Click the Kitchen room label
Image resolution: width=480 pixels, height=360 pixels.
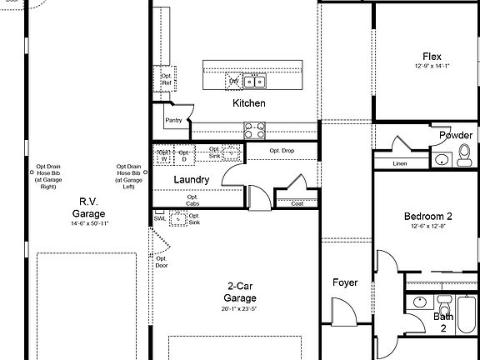[x=249, y=103]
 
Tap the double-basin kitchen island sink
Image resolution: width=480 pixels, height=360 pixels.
[x=254, y=81]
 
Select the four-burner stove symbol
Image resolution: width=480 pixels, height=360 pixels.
[x=254, y=130]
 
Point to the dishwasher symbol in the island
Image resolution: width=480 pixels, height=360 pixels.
[x=234, y=81]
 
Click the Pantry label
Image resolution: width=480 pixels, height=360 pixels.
[x=173, y=120]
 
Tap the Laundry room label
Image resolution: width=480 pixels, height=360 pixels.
[x=191, y=180]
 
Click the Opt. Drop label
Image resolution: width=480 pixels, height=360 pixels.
[x=282, y=150]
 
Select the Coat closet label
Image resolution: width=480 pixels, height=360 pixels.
[x=297, y=203]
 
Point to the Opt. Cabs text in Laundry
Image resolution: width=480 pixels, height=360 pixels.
[x=192, y=200]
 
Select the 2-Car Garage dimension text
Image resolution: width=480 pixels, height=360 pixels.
[x=239, y=308]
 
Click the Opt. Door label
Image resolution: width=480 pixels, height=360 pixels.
[x=162, y=262]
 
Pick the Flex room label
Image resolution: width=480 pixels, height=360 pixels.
[x=432, y=57]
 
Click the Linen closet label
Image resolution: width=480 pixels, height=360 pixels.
[x=400, y=163]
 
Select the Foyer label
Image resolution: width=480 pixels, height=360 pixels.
[x=345, y=282]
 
